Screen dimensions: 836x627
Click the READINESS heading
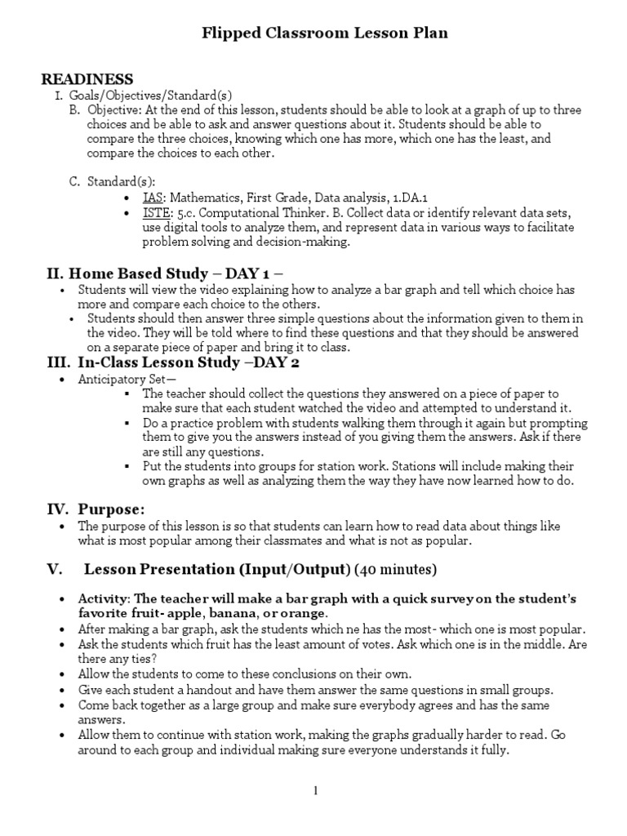(x=87, y=79)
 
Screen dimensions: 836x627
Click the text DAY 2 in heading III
(x=263, y=362)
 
